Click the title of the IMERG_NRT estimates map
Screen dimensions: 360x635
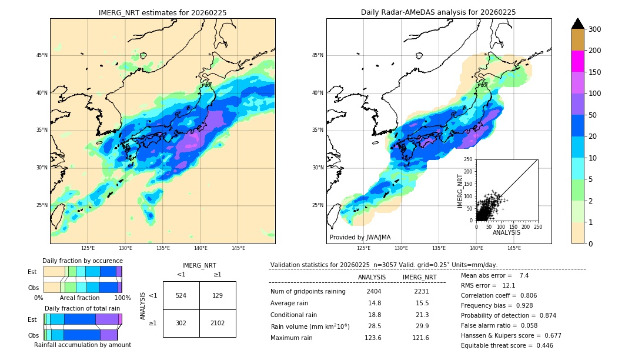[x=162, y=12]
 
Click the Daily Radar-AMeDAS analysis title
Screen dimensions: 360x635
[x=438, y=12]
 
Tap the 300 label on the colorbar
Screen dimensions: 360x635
[x=595, y=29]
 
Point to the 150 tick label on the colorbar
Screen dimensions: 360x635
[x=595, y=72]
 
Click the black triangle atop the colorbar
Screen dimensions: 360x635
[x=578, y=24]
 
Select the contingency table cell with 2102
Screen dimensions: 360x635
[x=218, y=323]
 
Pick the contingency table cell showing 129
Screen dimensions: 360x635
[x=218, y=295]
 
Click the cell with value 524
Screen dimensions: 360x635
[x=181, y=295]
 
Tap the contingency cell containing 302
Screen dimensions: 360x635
[x=181, y=323]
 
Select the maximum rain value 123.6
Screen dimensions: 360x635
[x=374, y=338]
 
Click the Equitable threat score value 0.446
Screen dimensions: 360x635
[x=540, y=345]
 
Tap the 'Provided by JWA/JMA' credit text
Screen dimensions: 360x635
[x=360, y=238]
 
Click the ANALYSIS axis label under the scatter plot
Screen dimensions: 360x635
[x=506, y=232]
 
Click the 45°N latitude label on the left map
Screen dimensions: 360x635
[x=42, y=55]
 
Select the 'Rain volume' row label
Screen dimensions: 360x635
[x=310, y=326]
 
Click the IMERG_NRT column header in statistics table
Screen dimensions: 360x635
[x=419, y=277]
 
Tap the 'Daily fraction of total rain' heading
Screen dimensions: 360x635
[x=82, y=308]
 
